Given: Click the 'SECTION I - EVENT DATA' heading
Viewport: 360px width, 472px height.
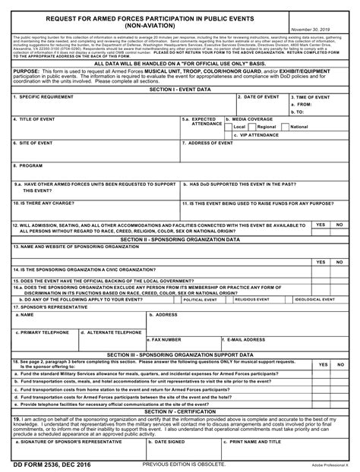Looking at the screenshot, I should tap(180, 90).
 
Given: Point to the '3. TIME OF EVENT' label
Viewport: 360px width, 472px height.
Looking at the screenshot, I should tap(311, 98).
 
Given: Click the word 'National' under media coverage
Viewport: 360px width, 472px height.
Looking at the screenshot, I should tap(299, 127).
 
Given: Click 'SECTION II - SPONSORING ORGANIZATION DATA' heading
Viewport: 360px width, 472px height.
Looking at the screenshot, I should tap(180, 238).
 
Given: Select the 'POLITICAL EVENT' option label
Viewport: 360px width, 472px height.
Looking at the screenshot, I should tap(201, 300).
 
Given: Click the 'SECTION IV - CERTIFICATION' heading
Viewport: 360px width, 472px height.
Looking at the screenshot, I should tap(180, 411).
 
